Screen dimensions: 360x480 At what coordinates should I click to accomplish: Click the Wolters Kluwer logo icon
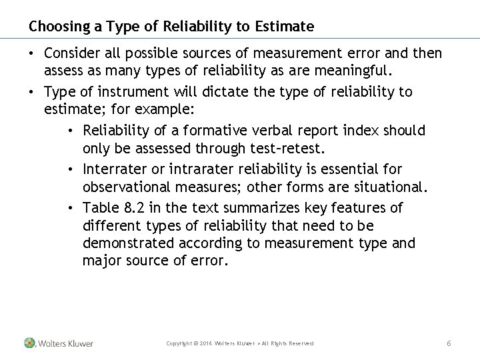[29, 343]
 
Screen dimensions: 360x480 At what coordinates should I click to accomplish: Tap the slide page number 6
[449, 343]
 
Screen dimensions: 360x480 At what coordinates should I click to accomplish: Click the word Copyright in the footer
[180, 343]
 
